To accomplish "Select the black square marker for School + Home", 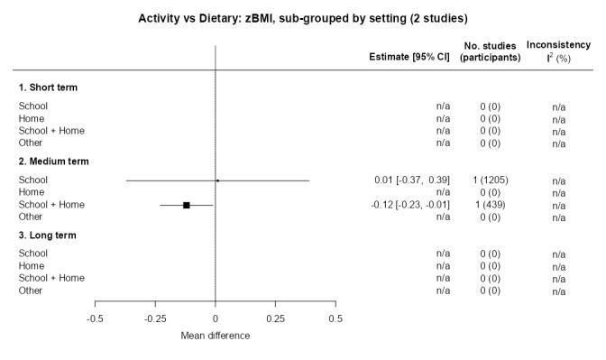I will [x=187, y=205].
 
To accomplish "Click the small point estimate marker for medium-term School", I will [x=217, y=180].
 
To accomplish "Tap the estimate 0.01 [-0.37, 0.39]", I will [x=411, y=180].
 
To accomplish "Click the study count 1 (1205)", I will [x=491, y=180].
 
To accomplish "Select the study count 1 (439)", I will [x=491, y=205].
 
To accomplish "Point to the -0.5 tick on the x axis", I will [x=95, y=318].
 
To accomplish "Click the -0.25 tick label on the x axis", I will [x=155, y=318].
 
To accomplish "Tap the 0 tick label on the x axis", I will [x=216, y=318].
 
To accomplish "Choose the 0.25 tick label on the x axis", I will [x=275, y=318].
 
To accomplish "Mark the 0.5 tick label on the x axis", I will [x=335, y=318].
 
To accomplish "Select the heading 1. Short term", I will [x=48, y=88].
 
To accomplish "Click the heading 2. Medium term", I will [x=53, y=162].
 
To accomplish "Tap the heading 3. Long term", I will [x=47, y=235].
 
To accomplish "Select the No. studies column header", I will [x=491, y=51].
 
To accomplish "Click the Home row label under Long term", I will [x=32, y=266].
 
